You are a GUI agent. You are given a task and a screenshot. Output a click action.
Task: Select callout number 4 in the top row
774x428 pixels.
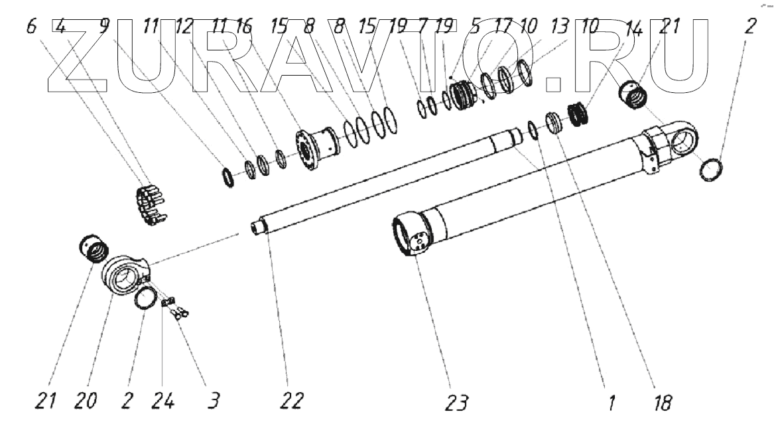pos(61,28)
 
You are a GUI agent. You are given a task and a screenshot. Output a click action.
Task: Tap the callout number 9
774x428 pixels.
pos(104,28)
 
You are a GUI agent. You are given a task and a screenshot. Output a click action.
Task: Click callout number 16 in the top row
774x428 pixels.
pos(243,28)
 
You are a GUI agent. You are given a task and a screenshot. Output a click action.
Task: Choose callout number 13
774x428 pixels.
pos(560,28)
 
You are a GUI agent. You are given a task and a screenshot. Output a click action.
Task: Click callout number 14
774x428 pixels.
pos(635,28)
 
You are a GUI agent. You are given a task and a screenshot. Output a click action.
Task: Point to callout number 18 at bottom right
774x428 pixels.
pos(662,401)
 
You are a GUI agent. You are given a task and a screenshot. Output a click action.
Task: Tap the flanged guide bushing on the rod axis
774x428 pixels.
pos(316,147)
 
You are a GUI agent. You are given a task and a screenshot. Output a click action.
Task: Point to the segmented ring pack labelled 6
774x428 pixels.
pos(149,204)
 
